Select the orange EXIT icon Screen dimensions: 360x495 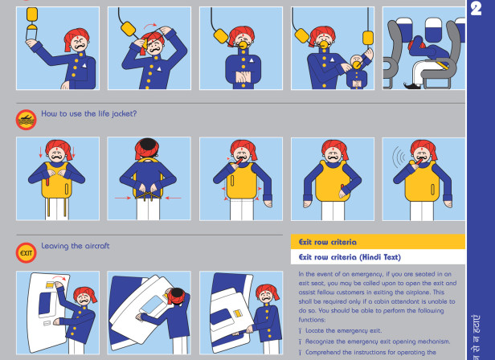[x=26, y=252]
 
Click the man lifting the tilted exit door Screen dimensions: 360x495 [x=177, y=305]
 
